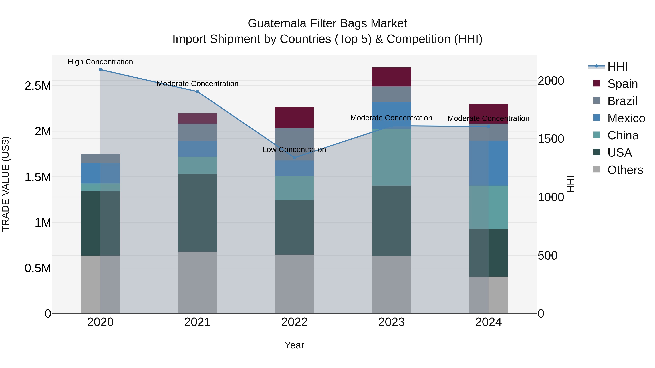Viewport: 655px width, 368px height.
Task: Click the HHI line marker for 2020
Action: coord(100,70)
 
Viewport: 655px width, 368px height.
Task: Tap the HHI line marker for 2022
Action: coord(294,158)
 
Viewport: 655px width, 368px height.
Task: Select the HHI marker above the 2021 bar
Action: coord(197,92)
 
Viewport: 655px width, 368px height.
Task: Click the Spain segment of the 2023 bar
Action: coord(391,77)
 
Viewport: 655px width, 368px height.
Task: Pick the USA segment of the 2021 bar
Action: coord(197,213)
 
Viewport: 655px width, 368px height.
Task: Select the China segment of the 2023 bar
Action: coord(391,157)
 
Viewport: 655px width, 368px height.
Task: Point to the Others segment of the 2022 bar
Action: coord(294,284)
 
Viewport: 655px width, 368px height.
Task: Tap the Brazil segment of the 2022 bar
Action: coord(294,144)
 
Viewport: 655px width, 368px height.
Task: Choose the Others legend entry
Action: coord(625,170)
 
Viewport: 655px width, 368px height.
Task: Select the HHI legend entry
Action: coord(617,67)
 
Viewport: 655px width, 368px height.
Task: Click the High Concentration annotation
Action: coord(100,62)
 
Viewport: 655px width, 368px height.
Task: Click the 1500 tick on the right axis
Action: coord(551,139)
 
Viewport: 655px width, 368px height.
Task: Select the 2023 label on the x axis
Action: coord(391,322)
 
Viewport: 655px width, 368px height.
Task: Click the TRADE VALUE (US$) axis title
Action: coord(6,184)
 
